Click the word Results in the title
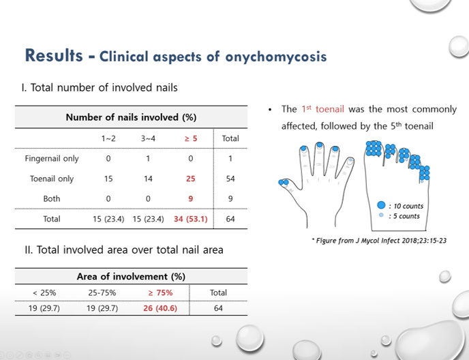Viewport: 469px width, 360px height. tap(54, 56)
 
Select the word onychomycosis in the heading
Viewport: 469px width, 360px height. tap(276, 57)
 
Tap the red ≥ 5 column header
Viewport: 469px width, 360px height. tap(191, 138)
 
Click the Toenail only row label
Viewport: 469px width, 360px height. tap(52, 179)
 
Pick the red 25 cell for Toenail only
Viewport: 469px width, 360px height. tap(191, 179)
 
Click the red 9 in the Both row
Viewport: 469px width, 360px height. tap(191, 198)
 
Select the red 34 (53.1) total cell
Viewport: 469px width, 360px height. tap(191, 219)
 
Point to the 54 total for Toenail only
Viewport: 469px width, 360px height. tap(230, 179)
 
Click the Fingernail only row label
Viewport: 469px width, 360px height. tap(52, 159)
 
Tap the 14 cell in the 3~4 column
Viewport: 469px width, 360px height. tap(148, 179)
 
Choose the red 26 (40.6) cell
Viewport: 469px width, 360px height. tap(160, 308)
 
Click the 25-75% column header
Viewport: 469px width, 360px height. tap(102, 292)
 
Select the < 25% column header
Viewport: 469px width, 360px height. tap(44, 292)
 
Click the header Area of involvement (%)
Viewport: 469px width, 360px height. tap(131, 276)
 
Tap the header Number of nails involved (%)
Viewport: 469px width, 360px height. tap(131, 117)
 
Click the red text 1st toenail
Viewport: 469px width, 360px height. tap(322, 109)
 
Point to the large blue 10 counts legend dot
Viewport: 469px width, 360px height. tap(381, 205)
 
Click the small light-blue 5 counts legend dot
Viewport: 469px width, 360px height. tap(381, 215)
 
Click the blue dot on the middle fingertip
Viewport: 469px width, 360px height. tap(320, 145)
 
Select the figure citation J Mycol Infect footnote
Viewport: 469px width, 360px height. tap(379, 241)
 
